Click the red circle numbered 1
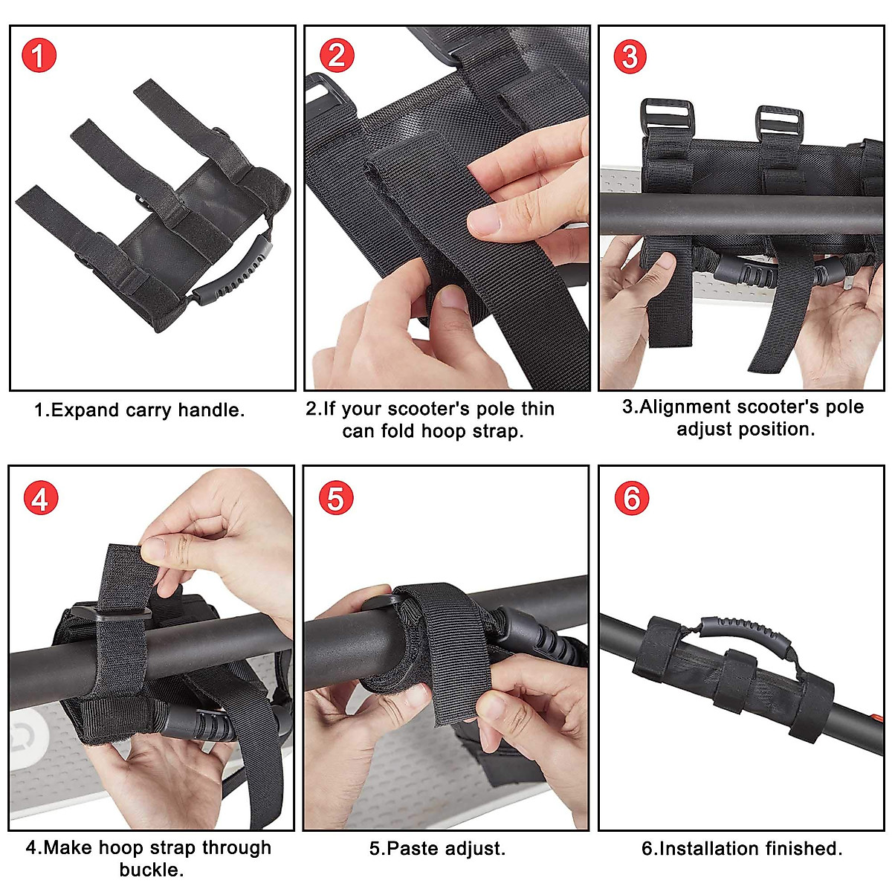[x=39, y=56]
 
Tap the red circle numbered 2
[x=337, y=56]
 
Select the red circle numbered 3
[x=630, y=56]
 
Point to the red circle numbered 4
[x=39, y=498]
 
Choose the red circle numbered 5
[x=335, y=498]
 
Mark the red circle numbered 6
[x=631, y=498]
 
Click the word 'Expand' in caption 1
[x=85, y=410]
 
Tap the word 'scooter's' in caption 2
[x=428, y=409]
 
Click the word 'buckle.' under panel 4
[x=152, y=870]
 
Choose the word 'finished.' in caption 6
[x=805, y=849]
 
